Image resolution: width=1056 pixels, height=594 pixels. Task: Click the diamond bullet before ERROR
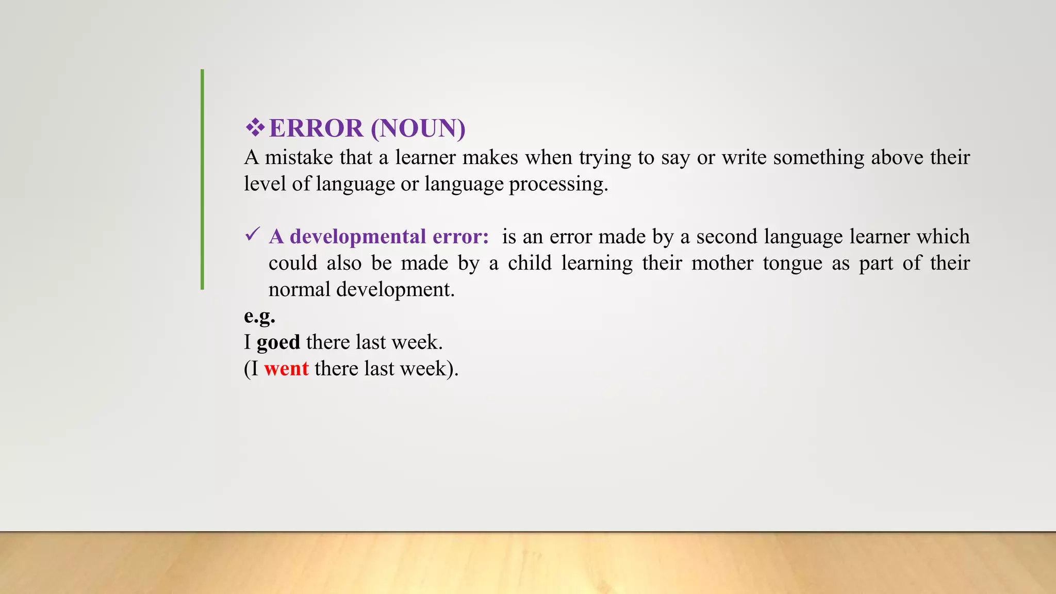point(255,127)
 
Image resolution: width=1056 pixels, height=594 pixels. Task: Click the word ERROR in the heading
point(316,128)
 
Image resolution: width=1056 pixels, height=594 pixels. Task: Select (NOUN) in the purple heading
point(418,128)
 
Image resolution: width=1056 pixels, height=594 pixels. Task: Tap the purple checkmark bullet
point(252,235)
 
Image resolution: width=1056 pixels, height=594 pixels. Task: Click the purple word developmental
point(358,237)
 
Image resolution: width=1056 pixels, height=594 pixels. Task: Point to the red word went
point(286,369)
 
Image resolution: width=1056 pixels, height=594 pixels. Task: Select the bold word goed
point(278,342)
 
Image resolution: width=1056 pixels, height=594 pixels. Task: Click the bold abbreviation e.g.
point(259,316)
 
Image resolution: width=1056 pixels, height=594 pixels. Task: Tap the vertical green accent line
point(202,179)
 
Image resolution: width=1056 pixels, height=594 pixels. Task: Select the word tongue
point(793,263)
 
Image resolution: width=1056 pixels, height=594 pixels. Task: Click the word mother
point(722,263)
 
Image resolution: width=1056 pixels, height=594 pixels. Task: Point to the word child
point(530,263)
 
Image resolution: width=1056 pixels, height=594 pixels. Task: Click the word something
point(818,157)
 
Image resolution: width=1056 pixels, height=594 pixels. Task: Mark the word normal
point(299,290)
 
